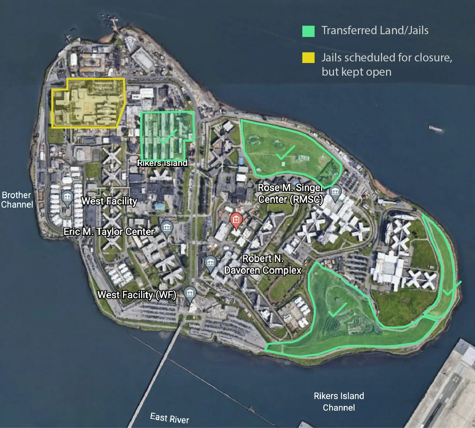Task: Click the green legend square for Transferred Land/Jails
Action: [308, 31]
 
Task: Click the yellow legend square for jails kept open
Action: [308, 58]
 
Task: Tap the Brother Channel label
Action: [17, 200]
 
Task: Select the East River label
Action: [170, 418]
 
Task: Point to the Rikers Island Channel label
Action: [339, 402]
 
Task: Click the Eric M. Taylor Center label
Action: [109, 232]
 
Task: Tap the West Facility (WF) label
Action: [137, 295]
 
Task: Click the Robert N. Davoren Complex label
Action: [262, 264]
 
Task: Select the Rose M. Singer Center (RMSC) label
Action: [290, 193]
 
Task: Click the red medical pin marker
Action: [236, 220]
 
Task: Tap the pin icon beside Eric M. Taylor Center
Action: [167, 228]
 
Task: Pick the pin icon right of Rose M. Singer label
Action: [335, 192]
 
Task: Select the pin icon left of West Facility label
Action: [67, 198]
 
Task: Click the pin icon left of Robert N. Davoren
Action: [210, 263]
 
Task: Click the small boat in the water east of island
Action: [436, 129]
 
